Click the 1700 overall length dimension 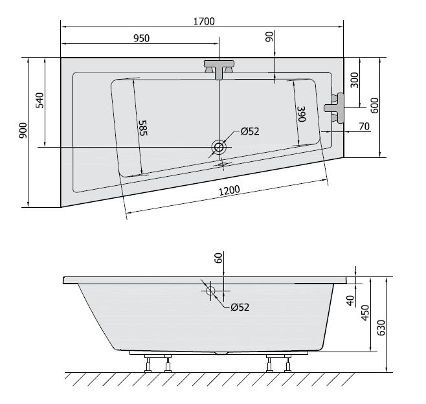pyautogui.click(x=204, y=21)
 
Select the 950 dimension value pyautogui.click(x=142, y=38)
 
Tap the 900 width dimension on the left pyautogui.click(x=23, y=130)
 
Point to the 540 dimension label pyautogui.click(x=39, y=100)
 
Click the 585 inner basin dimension pyautogui.click(x=143, y=128)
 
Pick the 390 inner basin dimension pyautogui.click(x=302, y=114)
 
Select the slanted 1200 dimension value pyautogui.click(x=230, y=190)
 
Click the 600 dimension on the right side pyautogui.click(x=374, y=106)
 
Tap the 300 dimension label pyautogui.click(x=354, y=80)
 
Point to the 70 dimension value pyautogui.click(x=364, y=126)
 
